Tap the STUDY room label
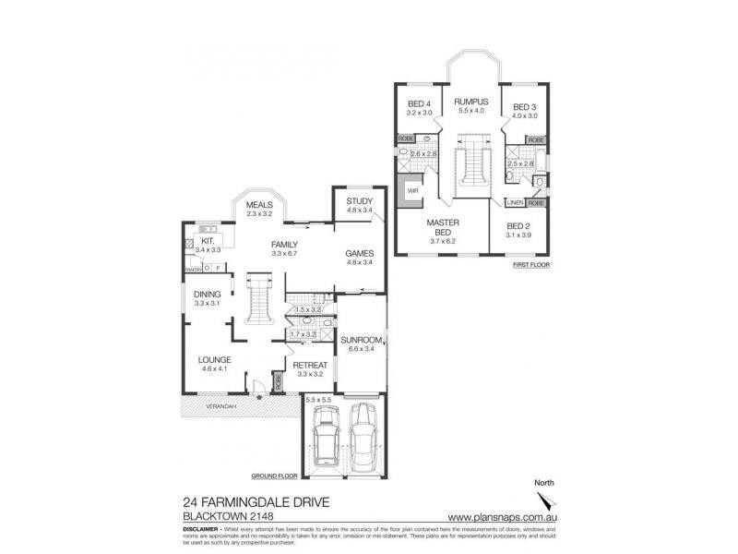point(358,201)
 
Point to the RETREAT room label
point(309,366)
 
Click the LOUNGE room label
point(214,360)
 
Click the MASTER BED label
point(443,226)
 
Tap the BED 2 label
point(520,225)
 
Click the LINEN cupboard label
point(515,202)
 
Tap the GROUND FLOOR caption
point(274,476)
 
